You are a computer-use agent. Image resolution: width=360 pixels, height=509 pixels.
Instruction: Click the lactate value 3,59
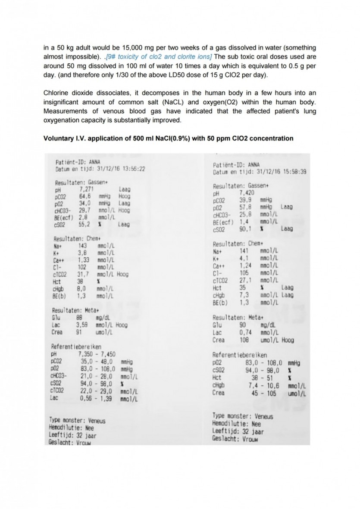pos(83,325)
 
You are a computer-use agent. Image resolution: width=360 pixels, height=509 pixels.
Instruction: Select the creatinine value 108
pos(244,340)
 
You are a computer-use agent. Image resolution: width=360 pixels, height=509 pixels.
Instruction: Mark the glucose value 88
pos(80,318)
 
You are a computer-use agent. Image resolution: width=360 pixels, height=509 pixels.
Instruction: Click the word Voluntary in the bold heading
pos(59,138)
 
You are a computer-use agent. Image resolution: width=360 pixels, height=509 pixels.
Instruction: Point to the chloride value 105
pos(244,273)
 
